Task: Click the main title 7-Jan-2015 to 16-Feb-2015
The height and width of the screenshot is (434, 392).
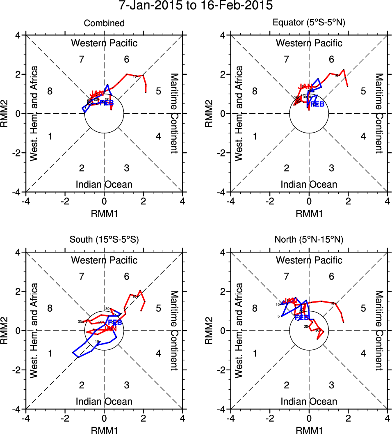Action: point(196,6)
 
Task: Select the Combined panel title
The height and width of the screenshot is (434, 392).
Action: point(104,23)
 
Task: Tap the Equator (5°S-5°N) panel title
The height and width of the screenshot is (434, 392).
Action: point(309,23)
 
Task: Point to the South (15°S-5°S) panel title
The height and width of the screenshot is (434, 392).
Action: point(104,240)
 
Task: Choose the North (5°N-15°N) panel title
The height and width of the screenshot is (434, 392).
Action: point(309,240)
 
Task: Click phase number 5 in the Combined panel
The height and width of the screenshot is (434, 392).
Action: point(158,91)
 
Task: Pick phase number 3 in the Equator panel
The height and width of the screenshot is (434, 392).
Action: point(331,168)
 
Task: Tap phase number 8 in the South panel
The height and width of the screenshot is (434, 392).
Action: point(50,308)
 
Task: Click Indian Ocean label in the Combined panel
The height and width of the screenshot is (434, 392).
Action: point(104,184)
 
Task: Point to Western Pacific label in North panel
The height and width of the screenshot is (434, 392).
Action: point(309,260)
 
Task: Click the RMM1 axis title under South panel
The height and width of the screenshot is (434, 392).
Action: point(104,429)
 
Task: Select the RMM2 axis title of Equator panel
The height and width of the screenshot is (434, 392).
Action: point(213,113)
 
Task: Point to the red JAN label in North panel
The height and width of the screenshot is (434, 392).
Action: point(290,301)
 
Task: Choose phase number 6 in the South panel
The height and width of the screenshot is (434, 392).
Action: point(127,276)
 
